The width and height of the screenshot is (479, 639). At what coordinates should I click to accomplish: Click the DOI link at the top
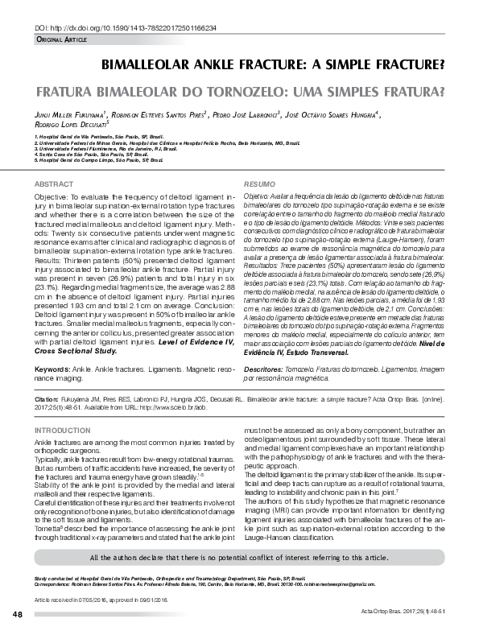tap(125, 27)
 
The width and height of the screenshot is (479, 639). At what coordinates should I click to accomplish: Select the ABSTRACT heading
tap(54, 184)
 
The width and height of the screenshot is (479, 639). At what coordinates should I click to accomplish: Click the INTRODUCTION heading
tap(63, 431)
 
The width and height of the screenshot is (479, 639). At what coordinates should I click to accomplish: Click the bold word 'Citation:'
tap(47, 398)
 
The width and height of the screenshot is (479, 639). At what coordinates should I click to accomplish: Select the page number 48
tap(17, 616)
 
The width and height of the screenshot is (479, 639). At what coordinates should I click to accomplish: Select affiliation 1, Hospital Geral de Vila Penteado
tap(105, 138)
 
